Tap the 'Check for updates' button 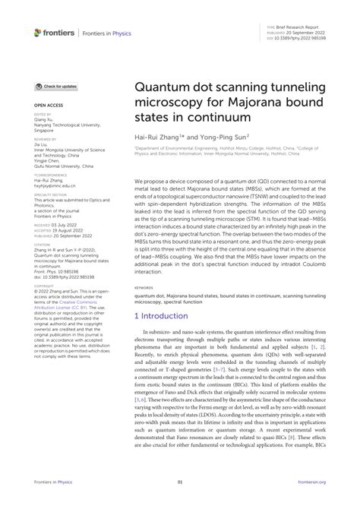point(56,87)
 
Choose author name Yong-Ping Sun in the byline point(223,139)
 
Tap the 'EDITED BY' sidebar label point(43,114)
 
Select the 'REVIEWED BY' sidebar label point(46,140)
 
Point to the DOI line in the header point(296,35)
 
